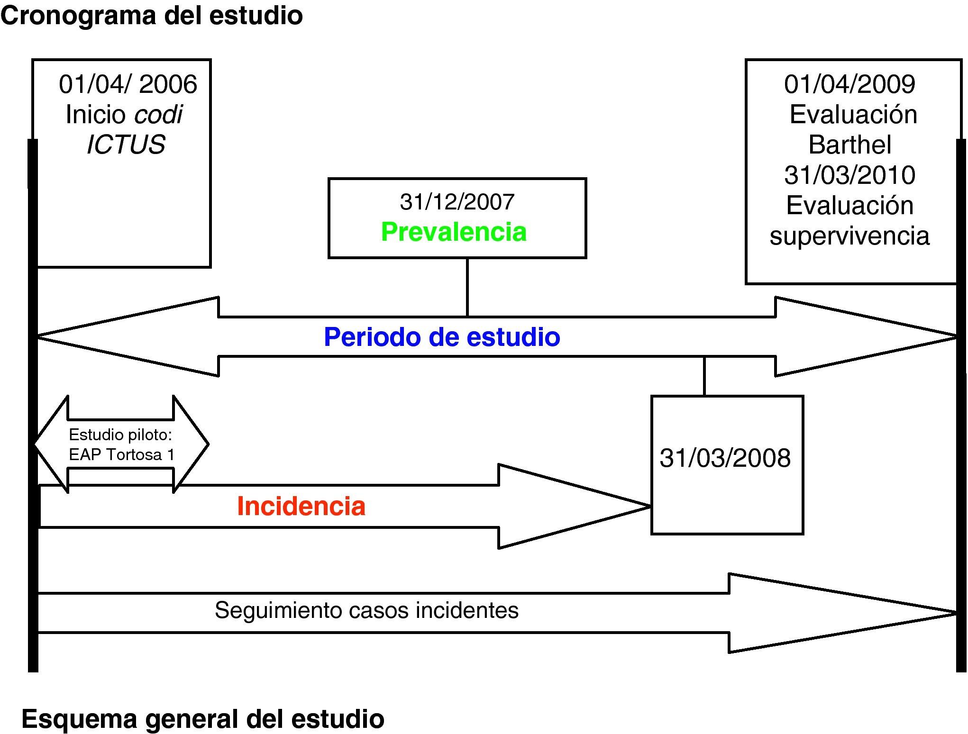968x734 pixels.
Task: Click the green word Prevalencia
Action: coord(454,232)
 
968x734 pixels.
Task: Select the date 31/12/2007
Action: coord(457,202)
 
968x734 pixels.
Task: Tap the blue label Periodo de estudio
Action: coord(442,337)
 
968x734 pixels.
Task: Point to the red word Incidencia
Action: coord(301,506)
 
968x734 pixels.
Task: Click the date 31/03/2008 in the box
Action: coord(725,458)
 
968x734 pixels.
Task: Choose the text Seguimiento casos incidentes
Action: coord(366,610)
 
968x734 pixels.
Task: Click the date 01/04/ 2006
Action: coord(128,84)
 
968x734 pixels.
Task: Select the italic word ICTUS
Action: coord(126,145)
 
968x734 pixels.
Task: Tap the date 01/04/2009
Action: coord(849,84)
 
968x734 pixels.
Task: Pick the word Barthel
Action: coord(849,145)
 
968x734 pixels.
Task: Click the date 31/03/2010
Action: coord(849,175)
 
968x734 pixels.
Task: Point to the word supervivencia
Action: coord(849,236)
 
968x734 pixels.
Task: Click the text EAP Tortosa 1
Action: coord(121,455)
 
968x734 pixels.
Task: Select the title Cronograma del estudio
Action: coord(152,16)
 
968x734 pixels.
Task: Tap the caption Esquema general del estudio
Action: coord(203,719)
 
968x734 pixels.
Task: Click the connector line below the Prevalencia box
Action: coord(467,287)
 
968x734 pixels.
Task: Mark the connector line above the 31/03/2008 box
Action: coord(704,376)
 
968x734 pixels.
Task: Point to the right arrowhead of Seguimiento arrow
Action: coord(943,613)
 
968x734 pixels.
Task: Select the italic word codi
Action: coord(158,115)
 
